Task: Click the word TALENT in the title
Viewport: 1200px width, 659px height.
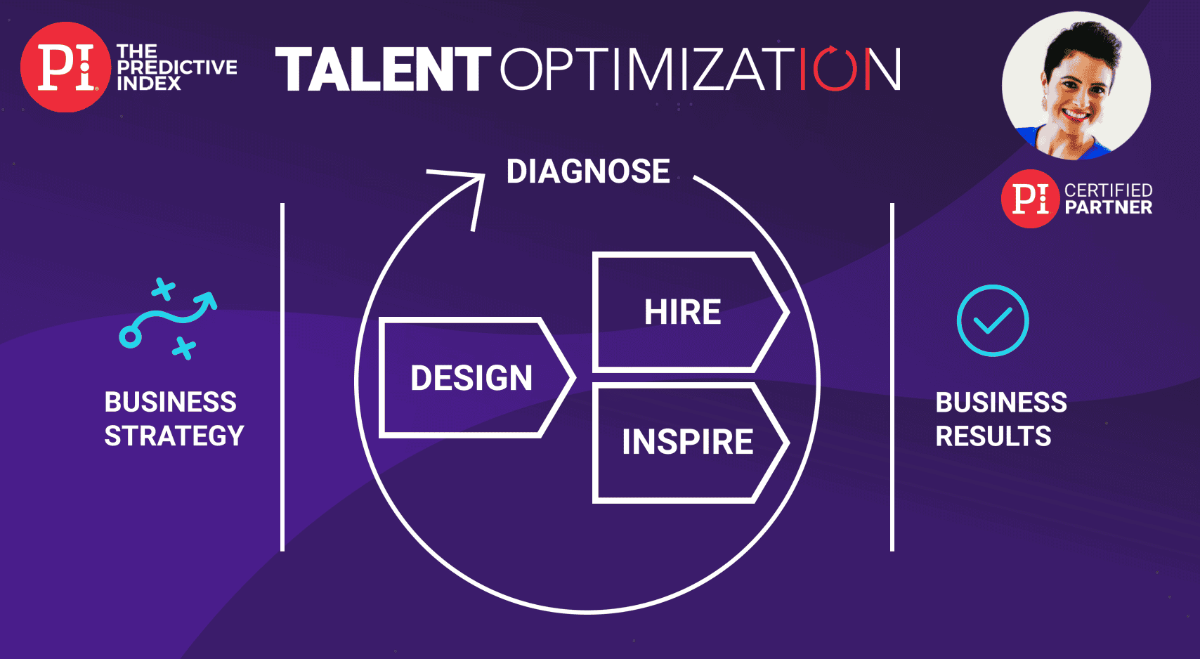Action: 382,70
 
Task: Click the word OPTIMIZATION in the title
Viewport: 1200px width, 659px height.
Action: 700,70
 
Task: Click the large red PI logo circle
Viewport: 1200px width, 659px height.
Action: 65,67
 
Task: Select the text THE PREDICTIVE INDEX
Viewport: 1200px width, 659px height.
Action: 176,67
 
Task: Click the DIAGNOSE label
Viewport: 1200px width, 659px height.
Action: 588,171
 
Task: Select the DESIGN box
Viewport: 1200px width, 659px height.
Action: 471,378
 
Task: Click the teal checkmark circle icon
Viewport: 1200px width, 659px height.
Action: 993,320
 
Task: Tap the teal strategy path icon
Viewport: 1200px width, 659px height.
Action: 168,320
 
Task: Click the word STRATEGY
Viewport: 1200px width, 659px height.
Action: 174,436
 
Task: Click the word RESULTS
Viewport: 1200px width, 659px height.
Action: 993,436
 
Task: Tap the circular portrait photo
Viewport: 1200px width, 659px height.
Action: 1076,86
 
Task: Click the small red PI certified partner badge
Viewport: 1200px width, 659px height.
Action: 1030,199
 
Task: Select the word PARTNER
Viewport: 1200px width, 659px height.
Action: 1109,207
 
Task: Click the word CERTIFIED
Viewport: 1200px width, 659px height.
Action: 1108,190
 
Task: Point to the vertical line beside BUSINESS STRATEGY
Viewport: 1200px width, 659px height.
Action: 282,377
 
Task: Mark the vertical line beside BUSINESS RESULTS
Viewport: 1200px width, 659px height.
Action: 892,377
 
